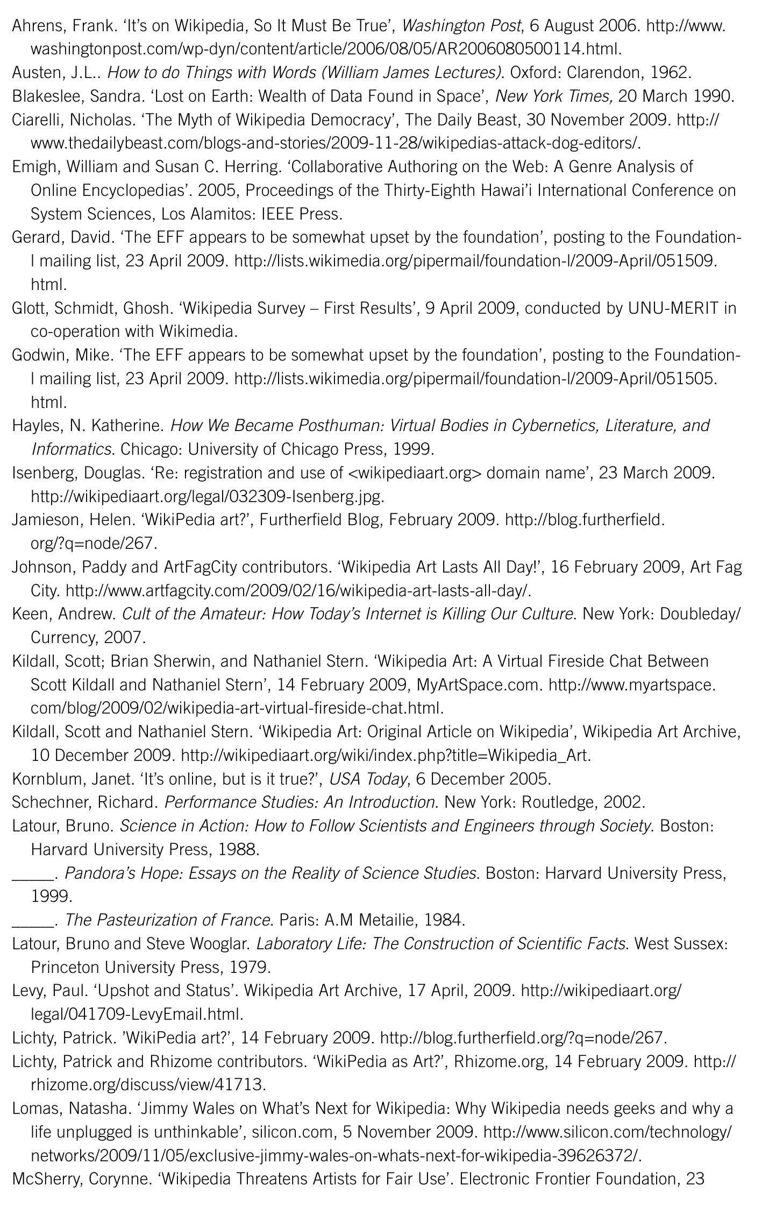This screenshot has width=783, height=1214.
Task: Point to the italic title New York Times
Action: click(553, 96)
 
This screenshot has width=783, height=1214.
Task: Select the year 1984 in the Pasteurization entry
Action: click(443, 920)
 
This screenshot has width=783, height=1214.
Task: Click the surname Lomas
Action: click(34, 1109)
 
